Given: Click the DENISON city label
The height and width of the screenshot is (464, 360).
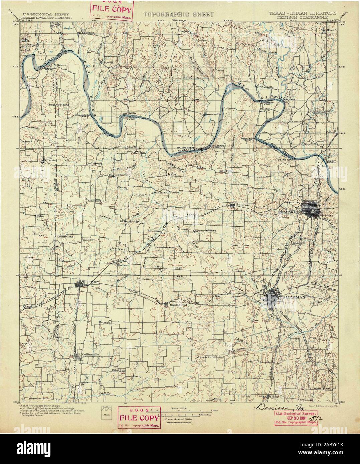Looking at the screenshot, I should coord(287,212).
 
